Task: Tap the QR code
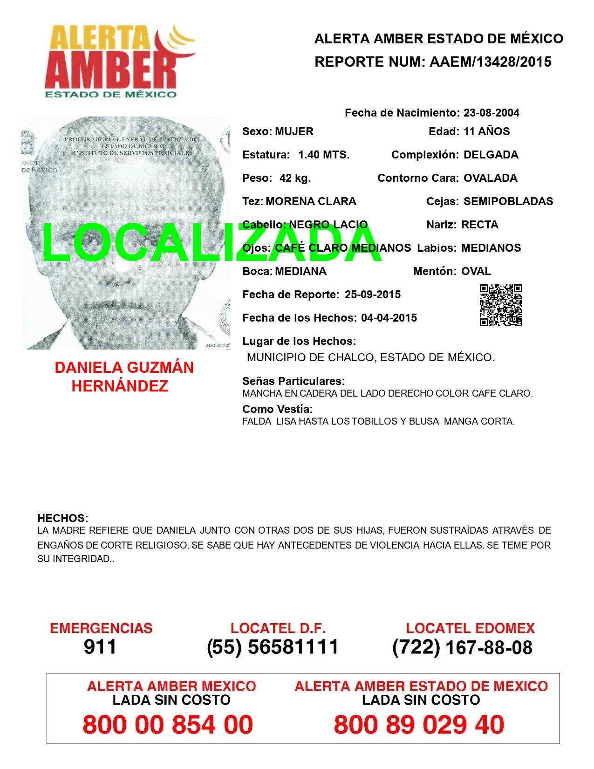point(501,305)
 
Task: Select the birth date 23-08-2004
point(492,113)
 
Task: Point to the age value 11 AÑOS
point(487,131)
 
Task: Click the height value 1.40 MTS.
point(324,155)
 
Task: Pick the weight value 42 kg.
point(295,178)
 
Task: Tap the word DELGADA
point(491,155)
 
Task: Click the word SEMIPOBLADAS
point(508,201)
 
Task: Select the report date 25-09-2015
point(373,295)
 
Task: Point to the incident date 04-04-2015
point(389,318)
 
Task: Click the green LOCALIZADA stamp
point(212,242)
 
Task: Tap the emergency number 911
point(100,647)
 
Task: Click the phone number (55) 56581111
point(273,647)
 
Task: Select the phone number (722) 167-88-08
point(462,647)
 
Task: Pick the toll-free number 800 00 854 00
point(168,725)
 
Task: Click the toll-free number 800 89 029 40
point(419,725)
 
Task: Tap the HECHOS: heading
point(62,518)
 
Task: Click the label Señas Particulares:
point(294,381)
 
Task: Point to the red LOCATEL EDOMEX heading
point(470,628)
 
